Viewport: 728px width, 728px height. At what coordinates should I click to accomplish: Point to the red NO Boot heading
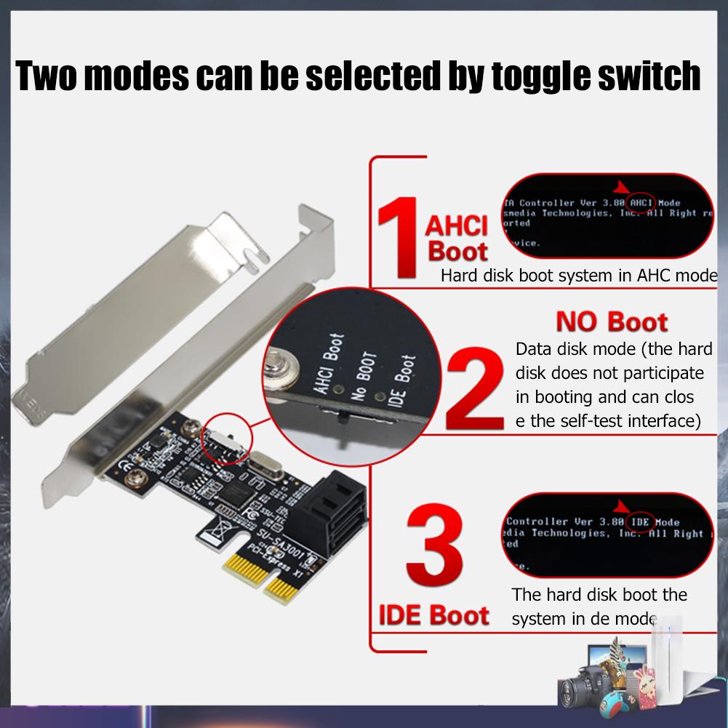[x=611, y=321]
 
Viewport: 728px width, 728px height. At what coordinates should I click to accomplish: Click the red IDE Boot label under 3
[x=433, y=615]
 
